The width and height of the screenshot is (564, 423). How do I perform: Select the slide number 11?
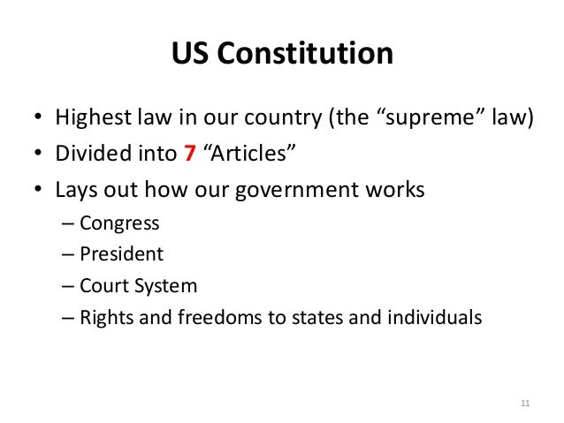526,405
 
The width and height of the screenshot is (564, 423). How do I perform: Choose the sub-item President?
121,254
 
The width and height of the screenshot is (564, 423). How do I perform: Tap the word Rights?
105,318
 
